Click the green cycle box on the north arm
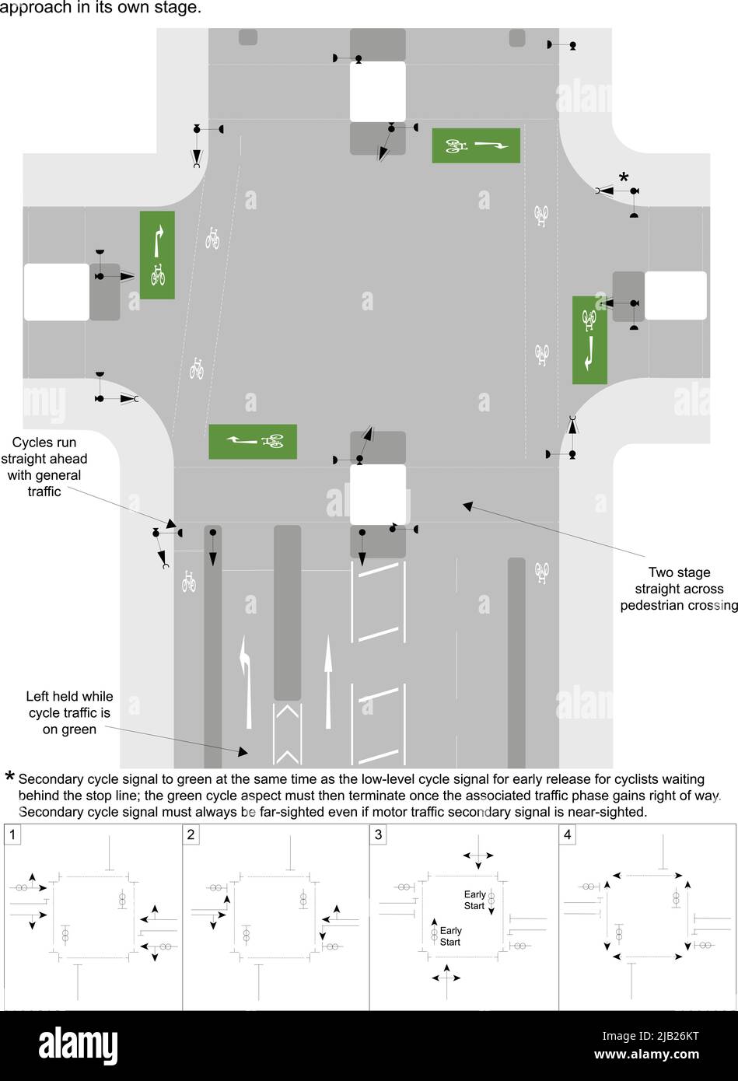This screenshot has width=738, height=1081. [x=476, y=145]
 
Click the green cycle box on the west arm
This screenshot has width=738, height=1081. [x=157, y=255]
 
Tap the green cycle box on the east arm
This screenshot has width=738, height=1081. [x=589, y=340]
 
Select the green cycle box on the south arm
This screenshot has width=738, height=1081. [x=253, y=442]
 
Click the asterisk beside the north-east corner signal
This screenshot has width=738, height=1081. [x=624, y=177]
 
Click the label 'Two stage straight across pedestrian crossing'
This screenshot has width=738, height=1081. [x=679, y=589]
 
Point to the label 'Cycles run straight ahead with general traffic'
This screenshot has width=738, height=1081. [x=44, y=467]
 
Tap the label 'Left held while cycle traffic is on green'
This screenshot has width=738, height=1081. [x=69, y=712]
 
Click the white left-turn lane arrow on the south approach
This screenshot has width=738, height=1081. [x=247, y=682]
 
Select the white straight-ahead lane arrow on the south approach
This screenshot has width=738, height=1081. [x=328, y=681]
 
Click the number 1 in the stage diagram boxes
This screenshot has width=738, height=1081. [x=12, y=834]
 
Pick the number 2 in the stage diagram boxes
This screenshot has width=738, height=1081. [x=191, y=834]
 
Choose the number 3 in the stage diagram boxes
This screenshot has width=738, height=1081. [x=378, y=834]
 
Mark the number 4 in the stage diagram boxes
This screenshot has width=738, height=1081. [x=567, y=834]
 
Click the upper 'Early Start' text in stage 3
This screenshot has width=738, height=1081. [x=474, y=900]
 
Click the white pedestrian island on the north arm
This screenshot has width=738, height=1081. [x=377, y=91]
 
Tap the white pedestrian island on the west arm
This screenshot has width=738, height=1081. [x=57, y=292]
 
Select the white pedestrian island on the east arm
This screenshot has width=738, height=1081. [x=676, y=296]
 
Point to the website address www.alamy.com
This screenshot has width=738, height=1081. [x=646, y=1054]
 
